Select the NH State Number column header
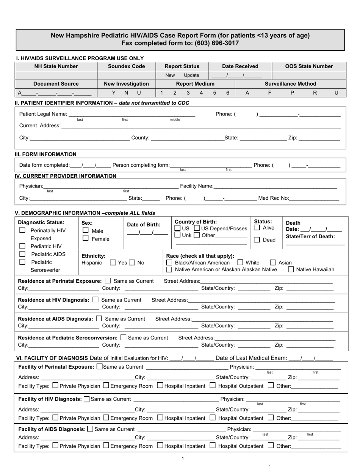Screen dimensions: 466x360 click(56, 66)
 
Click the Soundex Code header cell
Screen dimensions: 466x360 click(127, 66)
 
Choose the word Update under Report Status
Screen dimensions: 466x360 click(191, 75)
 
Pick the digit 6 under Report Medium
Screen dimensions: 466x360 click(228, 93)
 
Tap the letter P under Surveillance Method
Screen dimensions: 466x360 click(292, 93)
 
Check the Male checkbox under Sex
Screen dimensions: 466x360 click(86, 230)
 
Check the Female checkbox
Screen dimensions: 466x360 click(86, 238)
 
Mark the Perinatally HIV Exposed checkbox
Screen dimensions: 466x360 click(22, 230)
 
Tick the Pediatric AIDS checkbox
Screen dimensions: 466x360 click(22, 254)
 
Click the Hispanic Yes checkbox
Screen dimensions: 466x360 click(113, 262)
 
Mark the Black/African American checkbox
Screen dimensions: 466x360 click(169, 262)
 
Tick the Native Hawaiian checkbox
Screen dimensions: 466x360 click(291, 270)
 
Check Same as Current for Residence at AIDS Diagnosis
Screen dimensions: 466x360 click(99, 319)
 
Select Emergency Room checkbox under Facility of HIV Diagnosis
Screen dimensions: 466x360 click(106, 418)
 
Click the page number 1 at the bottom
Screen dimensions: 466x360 click(183, 458)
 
